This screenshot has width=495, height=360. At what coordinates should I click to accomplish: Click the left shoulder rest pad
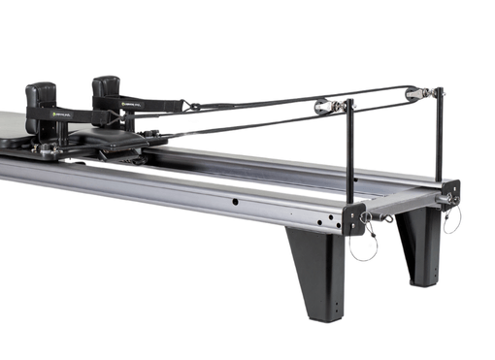pyautogui.click(x=42, y=97)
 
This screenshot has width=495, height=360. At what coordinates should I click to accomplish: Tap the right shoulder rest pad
pyautogui.click(x=106, y=91)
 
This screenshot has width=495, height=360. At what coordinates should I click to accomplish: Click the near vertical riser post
pyautogui.click(x=350, y=155)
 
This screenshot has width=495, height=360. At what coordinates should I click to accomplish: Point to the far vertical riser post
pyautogui.click(x=439, y=136)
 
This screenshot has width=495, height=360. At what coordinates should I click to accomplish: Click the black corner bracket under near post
pyautogui.click(x=352, y=219)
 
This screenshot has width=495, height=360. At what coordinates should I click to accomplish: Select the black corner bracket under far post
pyautogui.click(x=448, y=191)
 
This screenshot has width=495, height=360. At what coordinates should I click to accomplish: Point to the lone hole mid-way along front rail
pyautogui.click(x=234, y=202)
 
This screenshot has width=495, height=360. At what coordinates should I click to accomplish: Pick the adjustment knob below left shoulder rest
pyautogui.click(x=46, y=149)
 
